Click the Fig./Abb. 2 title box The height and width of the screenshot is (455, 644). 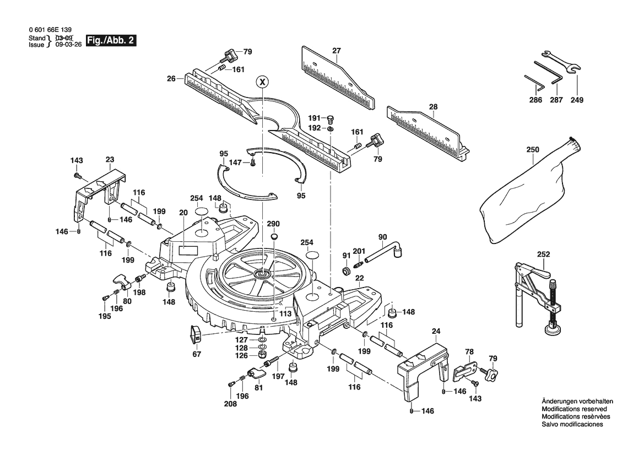point(111,41)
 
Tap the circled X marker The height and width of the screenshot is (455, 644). point(262,82)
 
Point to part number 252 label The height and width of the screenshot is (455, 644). point(543,254)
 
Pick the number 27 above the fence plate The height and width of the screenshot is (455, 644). point(337,51)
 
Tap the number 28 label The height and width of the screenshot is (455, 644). point(434,107)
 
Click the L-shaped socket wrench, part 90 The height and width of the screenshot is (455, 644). point(383,254)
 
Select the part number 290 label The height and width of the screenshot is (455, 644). point(273,224)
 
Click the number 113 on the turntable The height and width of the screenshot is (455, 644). point(285,314)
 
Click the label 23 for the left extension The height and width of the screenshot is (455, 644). point(110,160)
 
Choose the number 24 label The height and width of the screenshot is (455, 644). point(436,331)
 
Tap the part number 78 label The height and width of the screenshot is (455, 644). point(469,351)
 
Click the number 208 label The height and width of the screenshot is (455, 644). point(230,404)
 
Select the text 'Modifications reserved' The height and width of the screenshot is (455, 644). point(574,409)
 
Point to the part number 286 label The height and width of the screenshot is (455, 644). point(535,100)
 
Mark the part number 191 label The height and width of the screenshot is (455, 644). point(315,118)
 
